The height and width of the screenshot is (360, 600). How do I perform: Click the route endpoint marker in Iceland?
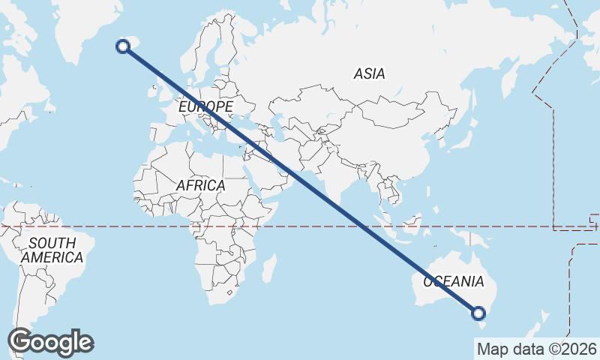pyautogui.click(x=123, y=46)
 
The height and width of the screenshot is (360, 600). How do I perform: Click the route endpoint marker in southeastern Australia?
pyautogui.click(x=478, y=313)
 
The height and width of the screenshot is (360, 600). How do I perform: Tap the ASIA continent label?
pyautogui.click(x=369, y=73)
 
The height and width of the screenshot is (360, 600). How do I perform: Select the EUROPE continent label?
pyautogui.click(x=205, y=107)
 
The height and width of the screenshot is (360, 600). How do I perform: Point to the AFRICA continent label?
pyautogui.click(x=200, y=185)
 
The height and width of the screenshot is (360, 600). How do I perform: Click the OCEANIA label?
pyautogui.click(x=454, y=282)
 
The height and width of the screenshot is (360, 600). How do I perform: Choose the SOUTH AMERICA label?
pyautogui.click(x=52, y=250)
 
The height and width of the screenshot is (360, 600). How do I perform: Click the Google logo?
pyautogui.click(x=51, y=342)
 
